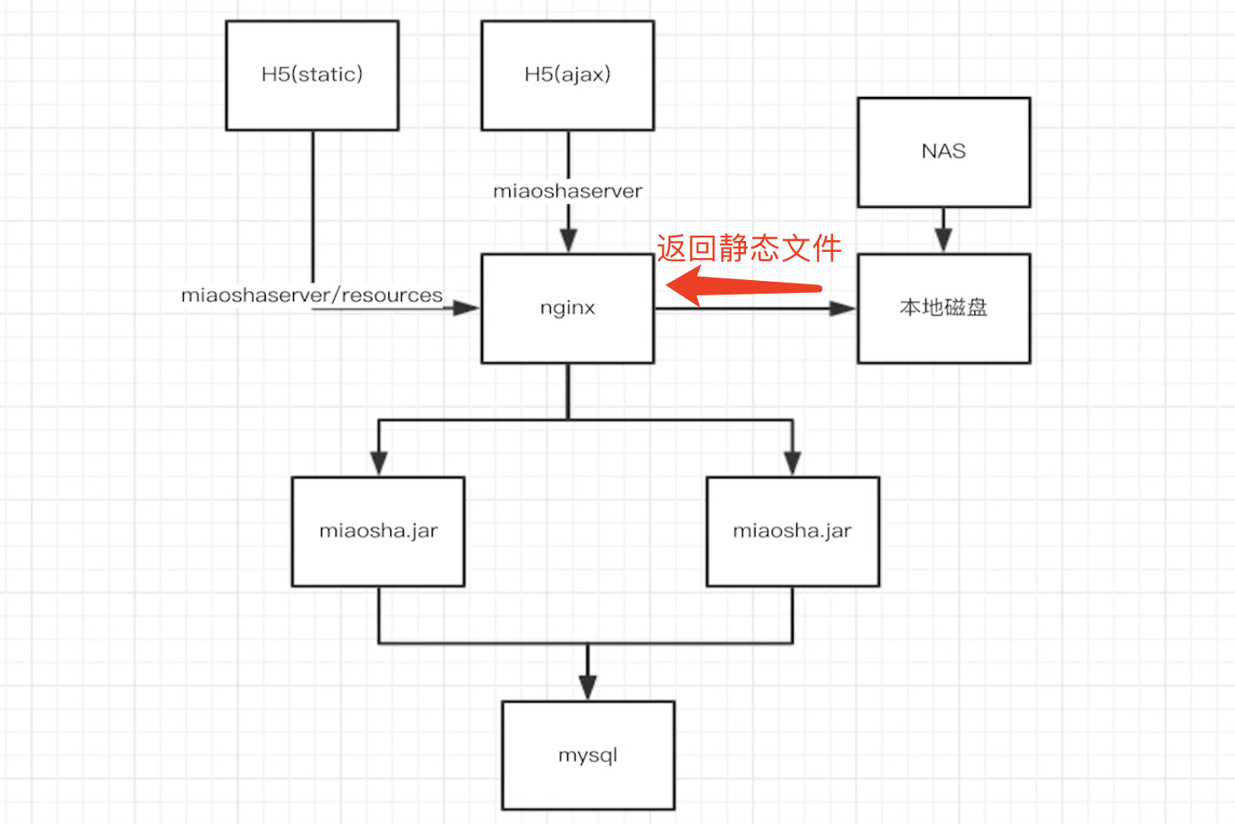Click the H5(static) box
[312, 76]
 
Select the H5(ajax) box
[567, 76]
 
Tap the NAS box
[944, 152]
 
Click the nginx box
[567, 309]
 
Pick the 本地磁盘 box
[944, 309]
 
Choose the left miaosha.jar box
[378, 532]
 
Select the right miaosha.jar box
[792, 532]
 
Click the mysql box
[588, 756]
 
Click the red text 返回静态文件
[749, 249]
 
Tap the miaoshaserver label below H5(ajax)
[567, 192]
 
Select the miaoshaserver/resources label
[312, 295]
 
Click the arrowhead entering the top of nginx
[569, 240]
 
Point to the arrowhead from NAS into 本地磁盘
[943, 240]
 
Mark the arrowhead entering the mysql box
[588, 687]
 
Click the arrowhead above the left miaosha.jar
[379, 462]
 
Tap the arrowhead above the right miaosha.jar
[792, 462]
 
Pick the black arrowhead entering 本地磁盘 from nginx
[842, 308]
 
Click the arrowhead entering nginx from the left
[466, 308]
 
